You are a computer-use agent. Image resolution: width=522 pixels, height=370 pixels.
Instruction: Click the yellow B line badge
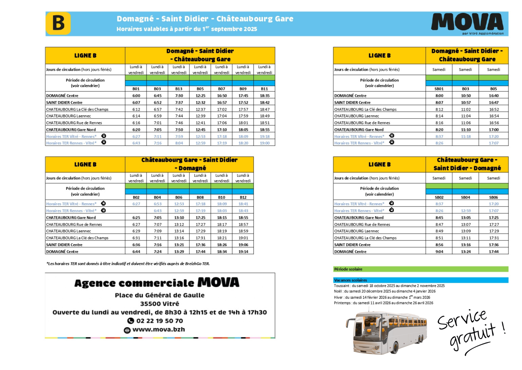(x=58, y=23)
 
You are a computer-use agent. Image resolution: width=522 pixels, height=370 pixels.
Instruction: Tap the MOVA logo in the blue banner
(x=467, y=22)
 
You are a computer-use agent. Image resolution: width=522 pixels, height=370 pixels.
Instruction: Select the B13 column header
(x=179, y=89)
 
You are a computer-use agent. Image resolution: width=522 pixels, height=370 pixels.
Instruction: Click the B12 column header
(x=243, y=197)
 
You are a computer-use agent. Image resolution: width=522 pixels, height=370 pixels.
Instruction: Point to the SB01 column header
(x=439, y=89)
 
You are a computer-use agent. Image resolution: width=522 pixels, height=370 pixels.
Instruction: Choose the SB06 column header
(x=494, y=197)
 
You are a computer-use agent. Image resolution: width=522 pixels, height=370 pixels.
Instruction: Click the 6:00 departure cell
(x=136, y=95)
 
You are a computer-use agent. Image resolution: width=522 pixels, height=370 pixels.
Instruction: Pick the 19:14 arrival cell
(x=243, y=252)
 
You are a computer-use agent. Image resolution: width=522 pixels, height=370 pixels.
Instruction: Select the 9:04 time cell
(x=439, y=252)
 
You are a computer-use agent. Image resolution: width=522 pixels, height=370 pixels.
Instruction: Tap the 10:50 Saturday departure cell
(x=466, y=95)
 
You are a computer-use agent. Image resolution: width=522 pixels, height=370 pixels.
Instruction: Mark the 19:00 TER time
(x=265, y=143)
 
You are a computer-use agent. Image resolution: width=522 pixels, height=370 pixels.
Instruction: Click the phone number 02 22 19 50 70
(x=159, y=321)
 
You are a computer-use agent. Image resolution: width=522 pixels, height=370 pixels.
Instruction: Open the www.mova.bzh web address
(x=159, y=329)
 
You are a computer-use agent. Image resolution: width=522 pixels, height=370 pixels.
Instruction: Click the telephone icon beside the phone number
(x=130, y=321)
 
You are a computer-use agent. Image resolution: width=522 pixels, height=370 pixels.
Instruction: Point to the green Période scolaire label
(x=348, y=269)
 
